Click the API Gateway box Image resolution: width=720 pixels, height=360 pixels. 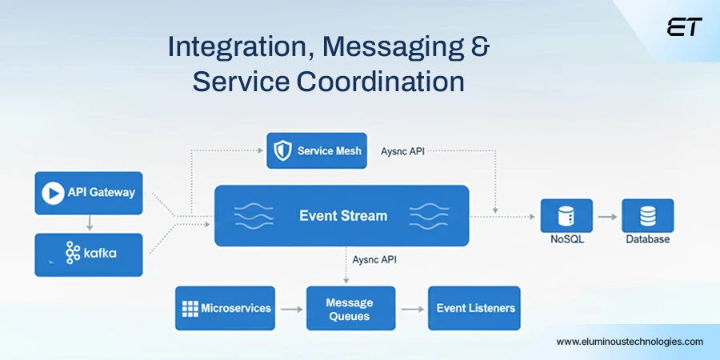pos(89,193)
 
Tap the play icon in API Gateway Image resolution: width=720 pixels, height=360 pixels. pos(54,193)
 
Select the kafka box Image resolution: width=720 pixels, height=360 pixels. pos(89,254)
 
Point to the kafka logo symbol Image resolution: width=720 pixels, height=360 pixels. pos(73,254)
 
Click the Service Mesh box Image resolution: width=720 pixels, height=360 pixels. pos(317,150)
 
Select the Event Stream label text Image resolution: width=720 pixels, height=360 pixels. pos(342,216)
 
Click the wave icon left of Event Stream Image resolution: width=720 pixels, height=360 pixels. pos(254,216)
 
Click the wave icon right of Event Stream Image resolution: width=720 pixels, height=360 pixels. pos(430,216)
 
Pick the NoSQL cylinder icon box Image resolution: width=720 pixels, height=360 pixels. pos(566,216)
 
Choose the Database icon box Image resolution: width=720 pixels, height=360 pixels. pos(648,216)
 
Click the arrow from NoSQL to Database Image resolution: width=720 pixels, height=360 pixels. pos(606,217)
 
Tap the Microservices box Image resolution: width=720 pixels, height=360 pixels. pos(226,308)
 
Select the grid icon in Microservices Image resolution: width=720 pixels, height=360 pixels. pos(190,308)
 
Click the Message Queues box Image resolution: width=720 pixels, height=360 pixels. pos(350,309)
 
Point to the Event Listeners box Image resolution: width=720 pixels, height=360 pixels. pos(474,308)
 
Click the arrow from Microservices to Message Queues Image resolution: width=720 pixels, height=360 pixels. pos(290,309)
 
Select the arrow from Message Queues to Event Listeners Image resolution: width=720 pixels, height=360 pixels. pos(411,309)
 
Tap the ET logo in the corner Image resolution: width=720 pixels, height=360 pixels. pos(684,27)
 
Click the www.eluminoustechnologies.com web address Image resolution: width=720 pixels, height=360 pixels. pos(630,342)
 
